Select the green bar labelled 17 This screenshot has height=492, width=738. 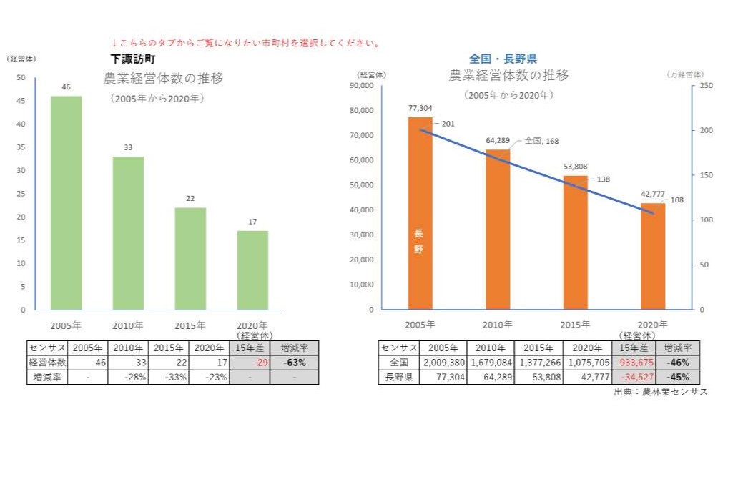pos(252,270)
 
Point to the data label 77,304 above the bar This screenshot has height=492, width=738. pos(420,108)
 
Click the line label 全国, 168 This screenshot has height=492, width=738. pos(541,141)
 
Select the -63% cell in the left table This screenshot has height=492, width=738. pos(294,363)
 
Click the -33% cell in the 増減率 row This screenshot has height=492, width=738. pos(169,377)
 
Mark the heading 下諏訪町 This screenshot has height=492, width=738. pos(133,59)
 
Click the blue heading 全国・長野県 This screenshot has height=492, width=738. pos(503,59)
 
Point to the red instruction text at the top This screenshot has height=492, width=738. pos(246,44)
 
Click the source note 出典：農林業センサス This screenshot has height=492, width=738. pos(660,392)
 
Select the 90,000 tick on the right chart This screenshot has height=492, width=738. pos(362,86)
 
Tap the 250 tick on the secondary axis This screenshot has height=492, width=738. pos(706,86)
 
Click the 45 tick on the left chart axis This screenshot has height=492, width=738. pos(21,101)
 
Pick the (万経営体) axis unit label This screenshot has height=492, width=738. pos(684,74)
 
